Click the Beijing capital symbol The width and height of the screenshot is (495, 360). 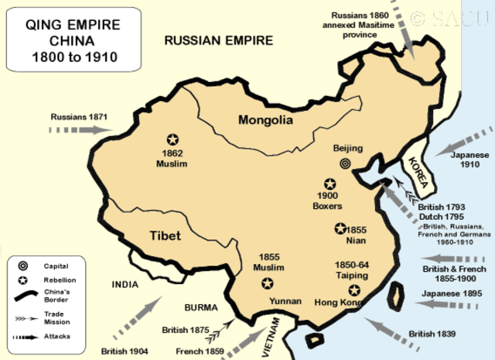point(346,163)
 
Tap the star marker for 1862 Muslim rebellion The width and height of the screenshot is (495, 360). point(172,139)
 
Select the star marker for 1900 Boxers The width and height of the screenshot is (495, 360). point(331,183)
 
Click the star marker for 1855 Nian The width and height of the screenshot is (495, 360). point(340,228)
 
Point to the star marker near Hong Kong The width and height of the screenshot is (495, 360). point(354,290)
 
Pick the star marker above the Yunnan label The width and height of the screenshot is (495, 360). point(268,283)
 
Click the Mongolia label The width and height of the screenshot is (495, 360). point(265,120)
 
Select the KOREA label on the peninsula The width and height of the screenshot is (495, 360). point(417,167)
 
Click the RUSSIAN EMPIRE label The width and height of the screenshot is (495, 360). point(219,40)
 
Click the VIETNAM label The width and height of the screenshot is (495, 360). point(271,338)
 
